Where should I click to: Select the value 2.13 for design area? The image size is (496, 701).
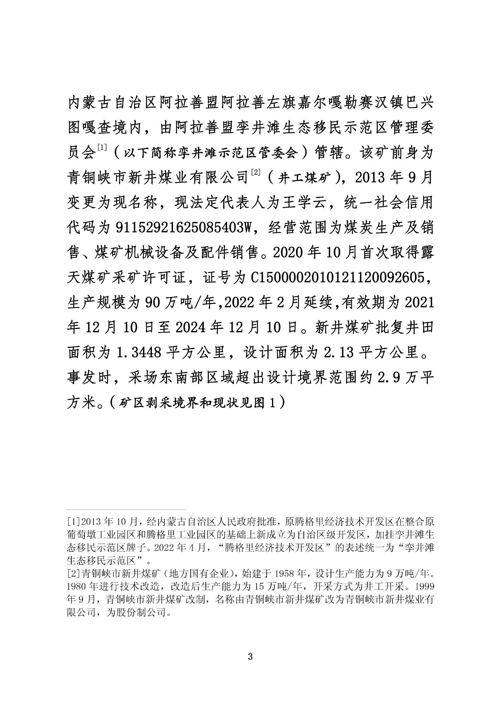tap(336, 353)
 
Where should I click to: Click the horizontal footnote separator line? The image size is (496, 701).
tap(126, 510)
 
